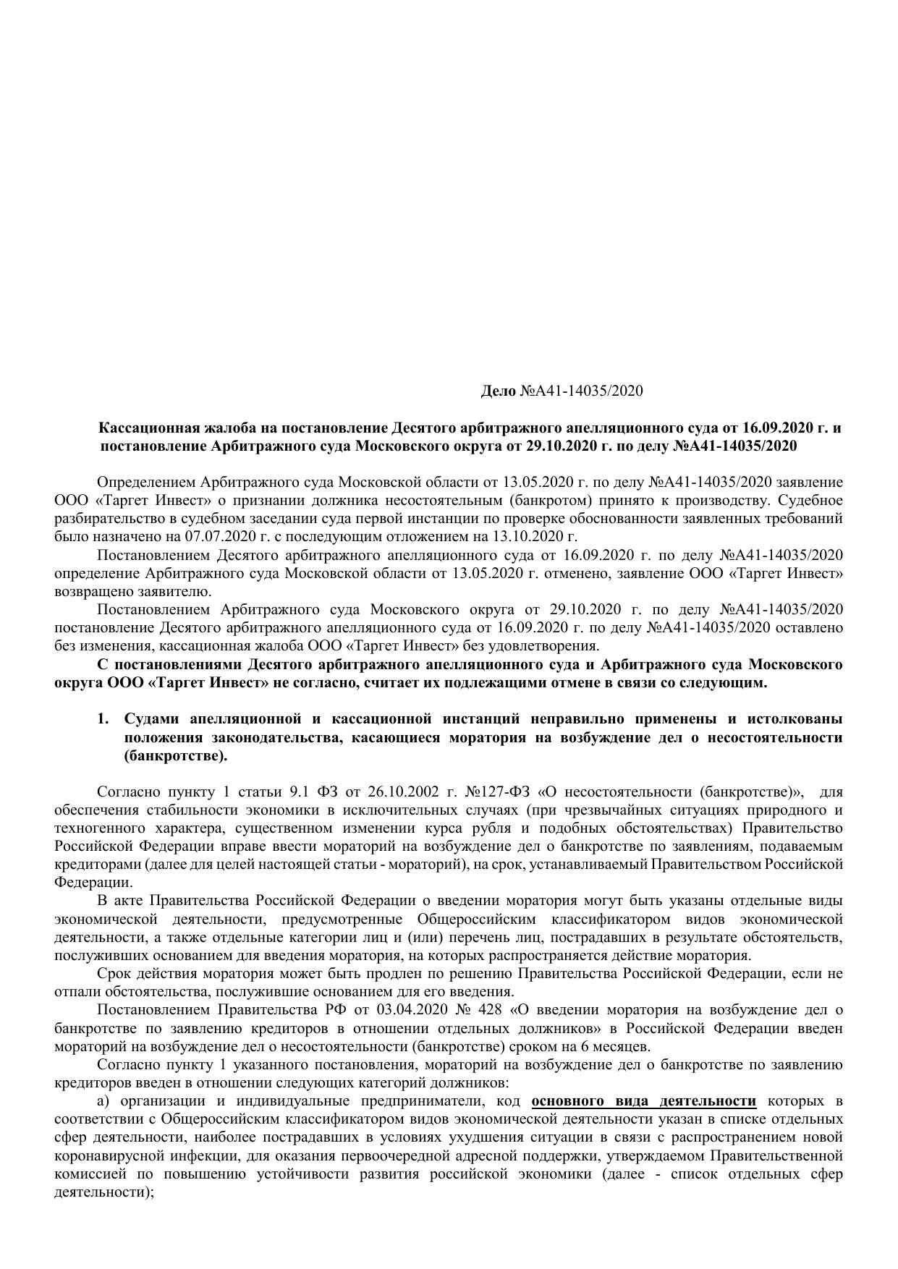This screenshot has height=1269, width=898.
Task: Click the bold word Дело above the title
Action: (499, 391)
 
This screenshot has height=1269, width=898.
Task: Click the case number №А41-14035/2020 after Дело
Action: (581, 391)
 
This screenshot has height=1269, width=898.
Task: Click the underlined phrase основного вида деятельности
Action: (643, 1101)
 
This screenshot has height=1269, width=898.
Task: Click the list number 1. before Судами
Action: (103, 719)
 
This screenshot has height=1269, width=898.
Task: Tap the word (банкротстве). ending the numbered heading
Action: (176, 757)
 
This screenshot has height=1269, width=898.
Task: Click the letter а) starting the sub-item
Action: (103, 1101)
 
